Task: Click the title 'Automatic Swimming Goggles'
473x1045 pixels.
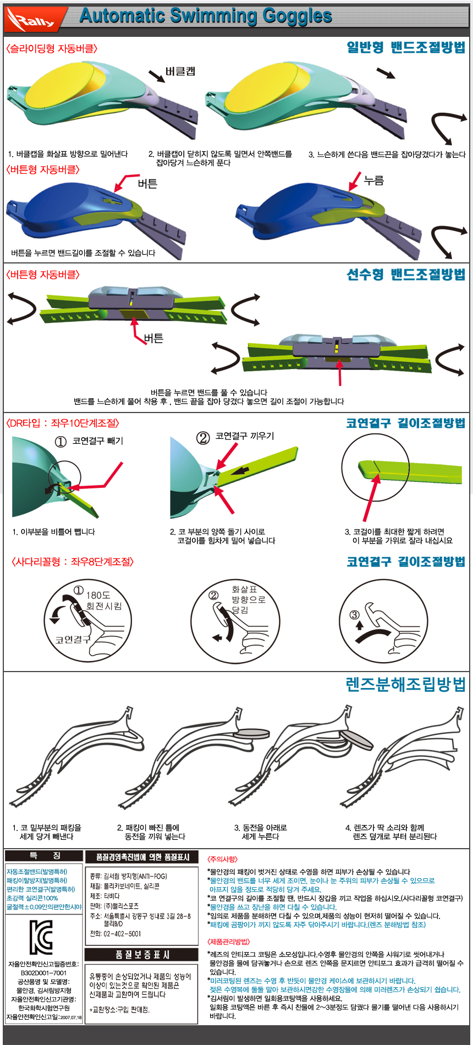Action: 206,16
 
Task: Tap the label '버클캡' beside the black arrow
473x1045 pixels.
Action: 180,71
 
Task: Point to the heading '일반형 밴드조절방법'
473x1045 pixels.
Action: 406,47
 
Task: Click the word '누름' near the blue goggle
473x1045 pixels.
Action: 374,180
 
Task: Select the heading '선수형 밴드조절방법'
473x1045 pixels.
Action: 406,274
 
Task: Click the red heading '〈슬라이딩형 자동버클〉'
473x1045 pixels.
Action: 52,48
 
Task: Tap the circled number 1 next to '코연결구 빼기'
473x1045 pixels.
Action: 61,442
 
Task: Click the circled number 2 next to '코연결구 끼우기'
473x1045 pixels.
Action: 204,438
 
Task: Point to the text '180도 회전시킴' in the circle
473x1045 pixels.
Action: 103,600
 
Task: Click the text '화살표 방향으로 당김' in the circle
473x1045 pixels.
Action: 248,599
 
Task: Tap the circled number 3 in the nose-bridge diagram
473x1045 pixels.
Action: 355,614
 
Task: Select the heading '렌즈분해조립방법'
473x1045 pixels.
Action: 405,684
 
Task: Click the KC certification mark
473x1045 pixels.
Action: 41,937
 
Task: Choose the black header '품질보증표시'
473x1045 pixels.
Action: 141,954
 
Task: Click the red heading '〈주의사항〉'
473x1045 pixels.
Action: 222,859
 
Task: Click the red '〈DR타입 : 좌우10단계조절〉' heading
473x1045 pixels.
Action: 62,423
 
